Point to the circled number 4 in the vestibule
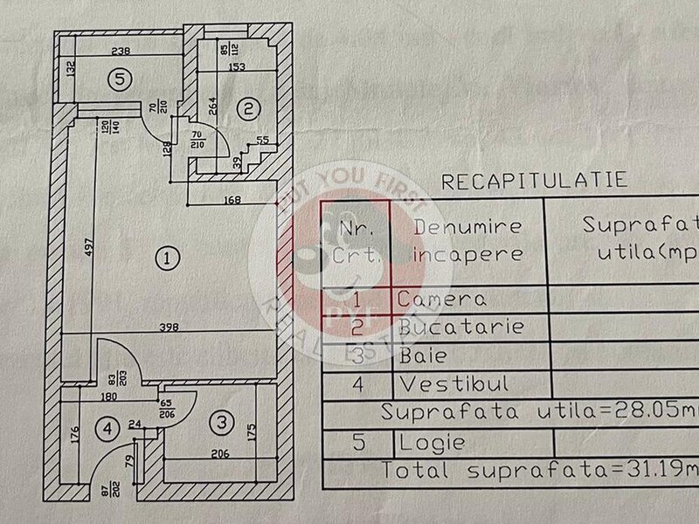pyautogui.click(x=107, y=429)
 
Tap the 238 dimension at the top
pyautogui.click(x=121, y=50)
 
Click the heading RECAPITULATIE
pyautogui.click(x=535, y=181)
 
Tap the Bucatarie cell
pyautogui.click(x=460, y=327)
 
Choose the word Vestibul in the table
pyautogui.click(x=452, y=383)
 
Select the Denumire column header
pyautogui.click(x=468, y=226)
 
